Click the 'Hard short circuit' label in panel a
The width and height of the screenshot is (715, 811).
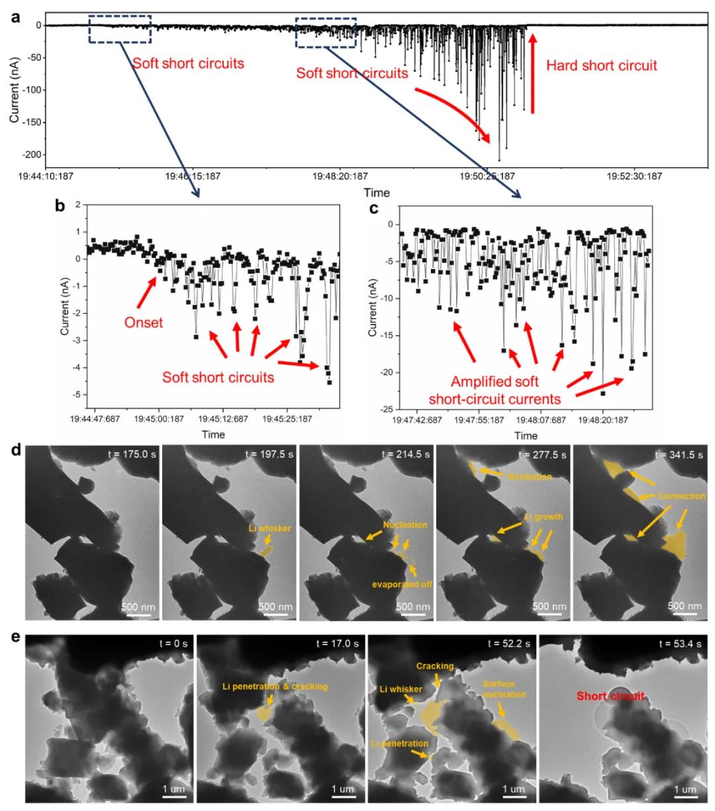pos(601,65)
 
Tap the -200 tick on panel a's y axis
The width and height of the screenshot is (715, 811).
pos(32,154)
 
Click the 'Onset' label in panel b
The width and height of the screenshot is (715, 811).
pos(143,323)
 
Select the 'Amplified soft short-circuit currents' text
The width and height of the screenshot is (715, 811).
pos(495,390)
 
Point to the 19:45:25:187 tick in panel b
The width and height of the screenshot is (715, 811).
pos(287,419)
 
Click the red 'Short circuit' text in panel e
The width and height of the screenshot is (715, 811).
pos(610,696)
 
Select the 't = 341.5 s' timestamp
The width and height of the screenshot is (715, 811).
pos(679,455)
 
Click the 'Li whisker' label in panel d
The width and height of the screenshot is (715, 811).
pos(269,528)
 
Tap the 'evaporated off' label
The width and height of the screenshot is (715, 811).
pos(401,584)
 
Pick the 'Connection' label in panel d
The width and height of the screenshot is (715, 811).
pos(681,496)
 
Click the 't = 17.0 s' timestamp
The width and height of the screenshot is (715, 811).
pos(337,643)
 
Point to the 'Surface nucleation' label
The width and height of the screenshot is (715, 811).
pos(504,689)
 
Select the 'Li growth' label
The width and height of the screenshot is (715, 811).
pos(544,517)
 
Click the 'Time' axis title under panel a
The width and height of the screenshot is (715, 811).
pos(376,193)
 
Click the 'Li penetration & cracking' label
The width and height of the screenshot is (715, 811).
pos(274,686)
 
